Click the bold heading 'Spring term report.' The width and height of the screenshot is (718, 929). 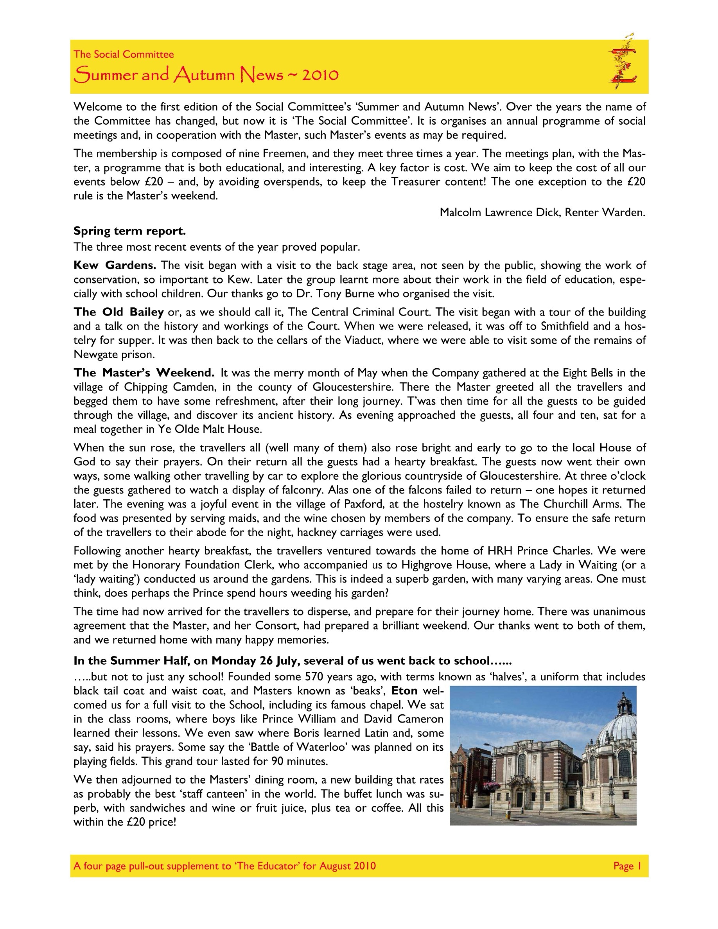coord(130,231)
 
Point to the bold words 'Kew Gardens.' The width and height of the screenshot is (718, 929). coord(115,265)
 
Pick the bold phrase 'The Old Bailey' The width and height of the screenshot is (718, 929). coord(118,312)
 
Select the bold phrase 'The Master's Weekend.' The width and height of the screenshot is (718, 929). coord(144,373)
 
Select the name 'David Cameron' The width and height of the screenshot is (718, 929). coord(407,719)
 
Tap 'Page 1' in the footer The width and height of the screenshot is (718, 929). coord(627,866)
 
